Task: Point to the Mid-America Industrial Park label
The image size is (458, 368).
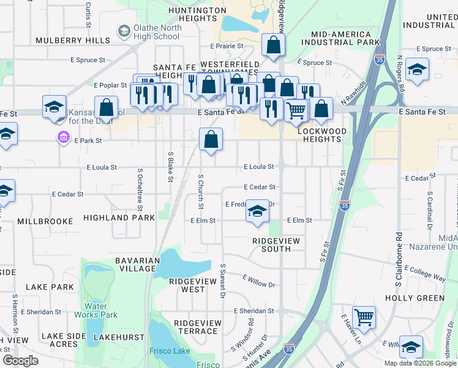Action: pyautogui.click(x=341, y=38)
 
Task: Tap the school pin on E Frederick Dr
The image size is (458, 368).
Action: pyautogui.click(x=258, y=212)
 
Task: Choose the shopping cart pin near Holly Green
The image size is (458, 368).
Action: pyautogui.click(x=364, y=318)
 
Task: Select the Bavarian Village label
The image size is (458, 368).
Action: pyautogui.click(x=137, y=265)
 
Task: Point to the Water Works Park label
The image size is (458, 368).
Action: pyautogui.click(x=100, y=310)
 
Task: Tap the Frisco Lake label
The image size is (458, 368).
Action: pyautogui.click(x=172, y=351)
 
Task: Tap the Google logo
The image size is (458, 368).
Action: pyautogui.click(x=20, y=360)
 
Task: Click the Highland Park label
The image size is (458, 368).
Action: pyautogui.click(x=119, y=218)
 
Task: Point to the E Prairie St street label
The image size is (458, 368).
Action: pyautogui.click(x=227, y=46)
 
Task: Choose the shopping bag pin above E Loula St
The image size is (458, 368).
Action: pyautogui.click(x=211, y=139)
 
